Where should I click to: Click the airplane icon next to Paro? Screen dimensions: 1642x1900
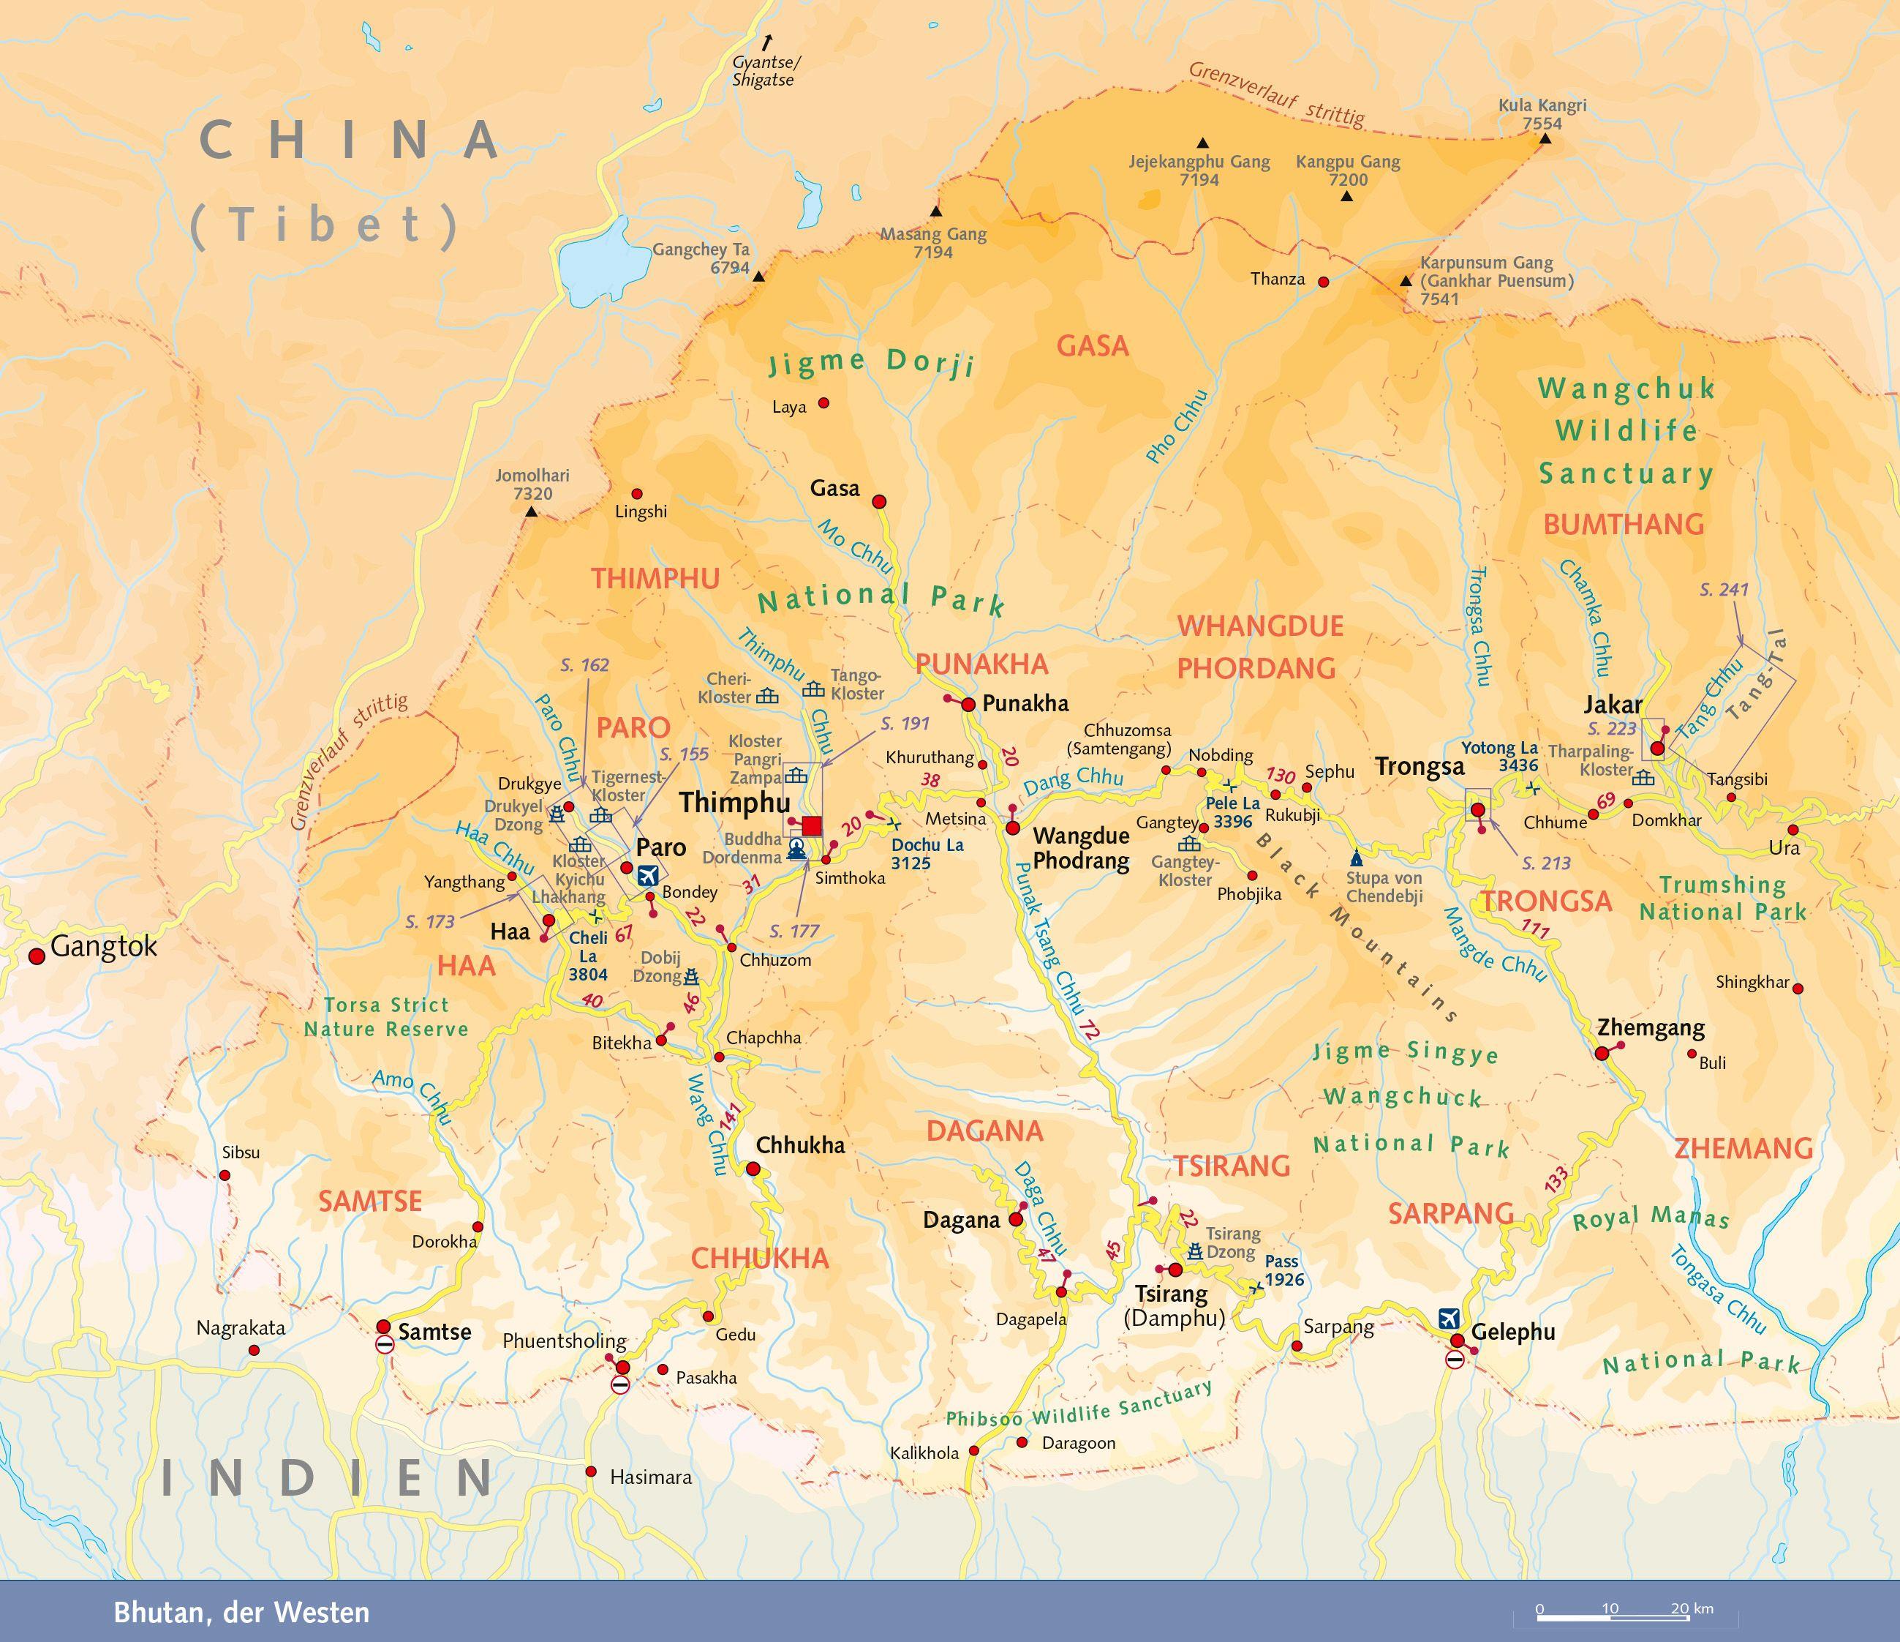647,875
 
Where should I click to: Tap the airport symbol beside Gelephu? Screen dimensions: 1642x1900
1449,1317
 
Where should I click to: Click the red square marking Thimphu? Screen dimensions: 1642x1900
812,825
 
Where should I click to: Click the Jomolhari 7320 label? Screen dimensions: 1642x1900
532,484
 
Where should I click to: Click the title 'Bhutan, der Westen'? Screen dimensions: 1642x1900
241,1613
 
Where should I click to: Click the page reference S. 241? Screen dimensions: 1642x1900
1724,590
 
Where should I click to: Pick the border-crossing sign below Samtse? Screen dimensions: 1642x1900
384,1345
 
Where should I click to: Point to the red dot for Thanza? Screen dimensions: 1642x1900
1323,282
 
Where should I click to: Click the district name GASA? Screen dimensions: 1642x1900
1092,346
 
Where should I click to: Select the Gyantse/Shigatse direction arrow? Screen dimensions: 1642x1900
767,41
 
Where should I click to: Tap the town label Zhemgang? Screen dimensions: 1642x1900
1651,1027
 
